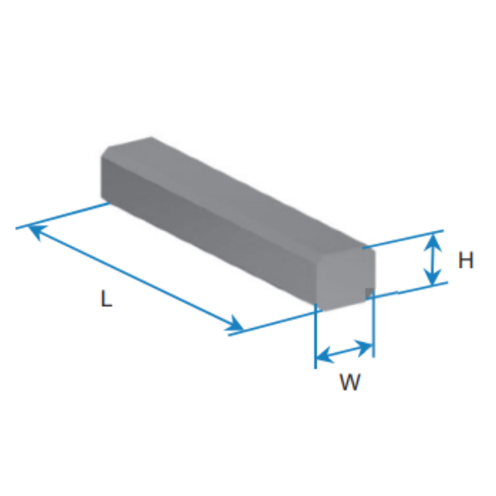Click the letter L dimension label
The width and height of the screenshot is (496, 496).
pyautogui.click(x=107, y=298)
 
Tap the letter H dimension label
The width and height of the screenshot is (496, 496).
pyautogui.click(x=465, y=260)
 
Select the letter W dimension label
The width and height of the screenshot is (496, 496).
pyautogui.click(x=350, y=382)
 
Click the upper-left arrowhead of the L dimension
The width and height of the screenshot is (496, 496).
pyautogui.click(x=37, y=231)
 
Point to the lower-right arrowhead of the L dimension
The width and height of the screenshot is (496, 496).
pyautogui.click(x=235, y=324)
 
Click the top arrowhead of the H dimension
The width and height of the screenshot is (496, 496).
pyautogui.click(x=432, y=242)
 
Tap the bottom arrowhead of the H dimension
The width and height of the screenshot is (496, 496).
pyautogui.click(x=432, y=276)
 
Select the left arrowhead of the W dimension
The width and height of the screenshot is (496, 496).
pyautogui.click(x=325, y=355)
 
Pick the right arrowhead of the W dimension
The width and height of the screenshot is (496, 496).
pyautogui.click(x=364, y=346)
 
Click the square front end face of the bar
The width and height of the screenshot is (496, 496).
pyautogui.click(x=346, y=278)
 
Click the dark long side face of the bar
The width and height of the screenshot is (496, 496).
pyautogui.click(x=209, y=231)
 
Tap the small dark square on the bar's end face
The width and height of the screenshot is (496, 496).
pyautogui.click(x=370, y=293)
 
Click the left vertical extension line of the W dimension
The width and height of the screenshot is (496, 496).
pyautogui.click(x=316, y=336)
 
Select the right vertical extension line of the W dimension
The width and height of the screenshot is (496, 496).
pyautogui.click(x=374, y=324)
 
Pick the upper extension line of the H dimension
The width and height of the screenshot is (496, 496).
pyautogui.click(x=403, y=239)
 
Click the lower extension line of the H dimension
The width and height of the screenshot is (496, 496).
pyautogui.click(x=408, y=290)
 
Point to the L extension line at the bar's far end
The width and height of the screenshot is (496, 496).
pyautogui.click(x=63, y=216)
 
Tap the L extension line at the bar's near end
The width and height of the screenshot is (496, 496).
pyautogui.click(x=275, y=322)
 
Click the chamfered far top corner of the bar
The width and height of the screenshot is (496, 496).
pyautogui.click(x=106, y=151)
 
